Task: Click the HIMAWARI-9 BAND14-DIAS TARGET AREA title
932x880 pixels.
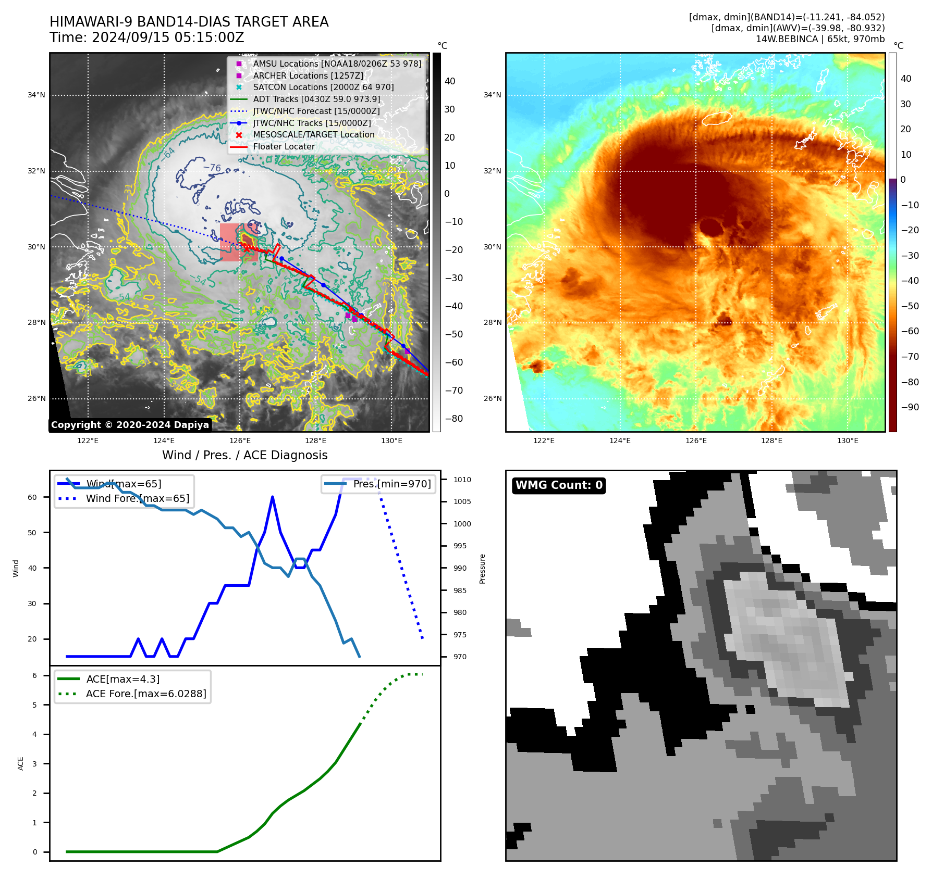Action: [189, 22]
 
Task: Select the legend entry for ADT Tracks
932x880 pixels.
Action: [316, 99]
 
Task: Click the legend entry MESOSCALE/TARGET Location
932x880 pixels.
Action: [313, 134]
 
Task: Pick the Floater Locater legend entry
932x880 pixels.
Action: [284, 146]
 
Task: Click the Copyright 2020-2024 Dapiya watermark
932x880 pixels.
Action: [130, 425]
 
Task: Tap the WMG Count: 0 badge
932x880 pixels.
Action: [559, 485]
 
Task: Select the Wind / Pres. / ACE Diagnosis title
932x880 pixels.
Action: [244, 455]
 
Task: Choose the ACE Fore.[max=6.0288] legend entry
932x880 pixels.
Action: [145, 694]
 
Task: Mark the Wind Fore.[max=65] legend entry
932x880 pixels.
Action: [137, 498]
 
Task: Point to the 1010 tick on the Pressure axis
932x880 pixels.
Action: [462, 480]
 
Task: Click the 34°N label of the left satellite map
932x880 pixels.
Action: [36, 95]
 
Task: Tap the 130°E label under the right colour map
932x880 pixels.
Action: [848, 441]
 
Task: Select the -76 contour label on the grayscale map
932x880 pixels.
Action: [212, 168]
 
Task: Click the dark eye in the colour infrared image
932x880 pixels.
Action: [710, 228]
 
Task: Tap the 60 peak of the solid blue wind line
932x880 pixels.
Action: [273, 497]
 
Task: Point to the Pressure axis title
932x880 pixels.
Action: [482, 569]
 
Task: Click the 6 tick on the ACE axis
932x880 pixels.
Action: [34, 675]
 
